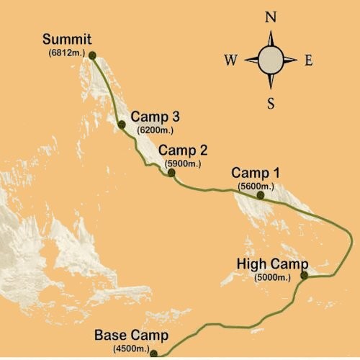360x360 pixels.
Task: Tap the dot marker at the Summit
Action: (92, 54)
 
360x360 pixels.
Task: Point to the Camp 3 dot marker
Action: (122, 125)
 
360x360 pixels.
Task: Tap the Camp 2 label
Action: (183, 151)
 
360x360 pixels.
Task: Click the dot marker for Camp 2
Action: (171, 172)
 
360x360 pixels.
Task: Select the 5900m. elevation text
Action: (183, 163)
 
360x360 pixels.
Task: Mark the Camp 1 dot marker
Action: (261, 194)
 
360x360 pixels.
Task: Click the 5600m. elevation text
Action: (256, 186)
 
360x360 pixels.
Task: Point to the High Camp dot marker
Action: (304, 274)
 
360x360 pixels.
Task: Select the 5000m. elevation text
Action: (273, 276)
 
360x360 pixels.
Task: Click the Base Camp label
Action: (131, 336)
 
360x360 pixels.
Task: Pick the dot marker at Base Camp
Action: (153, 353)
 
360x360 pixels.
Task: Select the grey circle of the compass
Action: (271, 60)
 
